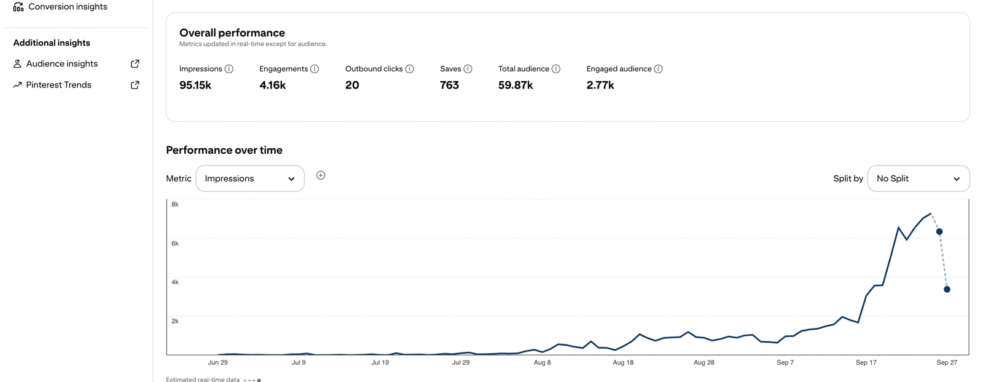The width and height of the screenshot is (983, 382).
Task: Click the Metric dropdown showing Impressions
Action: point(249,178)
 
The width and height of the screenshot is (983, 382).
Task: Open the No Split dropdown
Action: point(918,178)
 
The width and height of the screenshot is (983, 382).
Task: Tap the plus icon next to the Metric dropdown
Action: point(321,175)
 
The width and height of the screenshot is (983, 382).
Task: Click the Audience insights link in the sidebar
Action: point(61,64)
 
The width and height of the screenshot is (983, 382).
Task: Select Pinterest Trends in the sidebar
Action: point(58,85)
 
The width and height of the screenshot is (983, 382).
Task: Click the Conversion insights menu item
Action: point(67,7)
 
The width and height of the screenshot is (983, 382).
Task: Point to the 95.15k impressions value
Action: point(195,85)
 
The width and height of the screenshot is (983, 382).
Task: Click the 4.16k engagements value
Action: point(272,85)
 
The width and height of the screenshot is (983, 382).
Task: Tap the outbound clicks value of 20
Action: point(352,85)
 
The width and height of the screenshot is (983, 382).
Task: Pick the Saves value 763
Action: point(449,85)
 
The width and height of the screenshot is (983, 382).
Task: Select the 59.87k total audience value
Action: point(515,85)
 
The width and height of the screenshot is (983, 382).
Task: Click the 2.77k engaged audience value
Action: point(600,85)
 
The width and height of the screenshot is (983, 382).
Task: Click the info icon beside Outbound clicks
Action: point(410,69)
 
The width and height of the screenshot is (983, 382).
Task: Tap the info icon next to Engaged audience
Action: point(658,69)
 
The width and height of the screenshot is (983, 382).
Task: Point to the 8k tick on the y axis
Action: point(175,204)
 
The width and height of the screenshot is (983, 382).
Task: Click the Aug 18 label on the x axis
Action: point(623,362)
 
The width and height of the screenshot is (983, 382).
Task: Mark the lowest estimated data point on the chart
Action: point(947,289)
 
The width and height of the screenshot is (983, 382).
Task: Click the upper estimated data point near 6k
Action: point(939,232)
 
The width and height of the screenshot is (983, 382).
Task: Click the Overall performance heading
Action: point(232,33)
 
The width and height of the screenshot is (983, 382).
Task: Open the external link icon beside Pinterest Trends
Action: point(135,85)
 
